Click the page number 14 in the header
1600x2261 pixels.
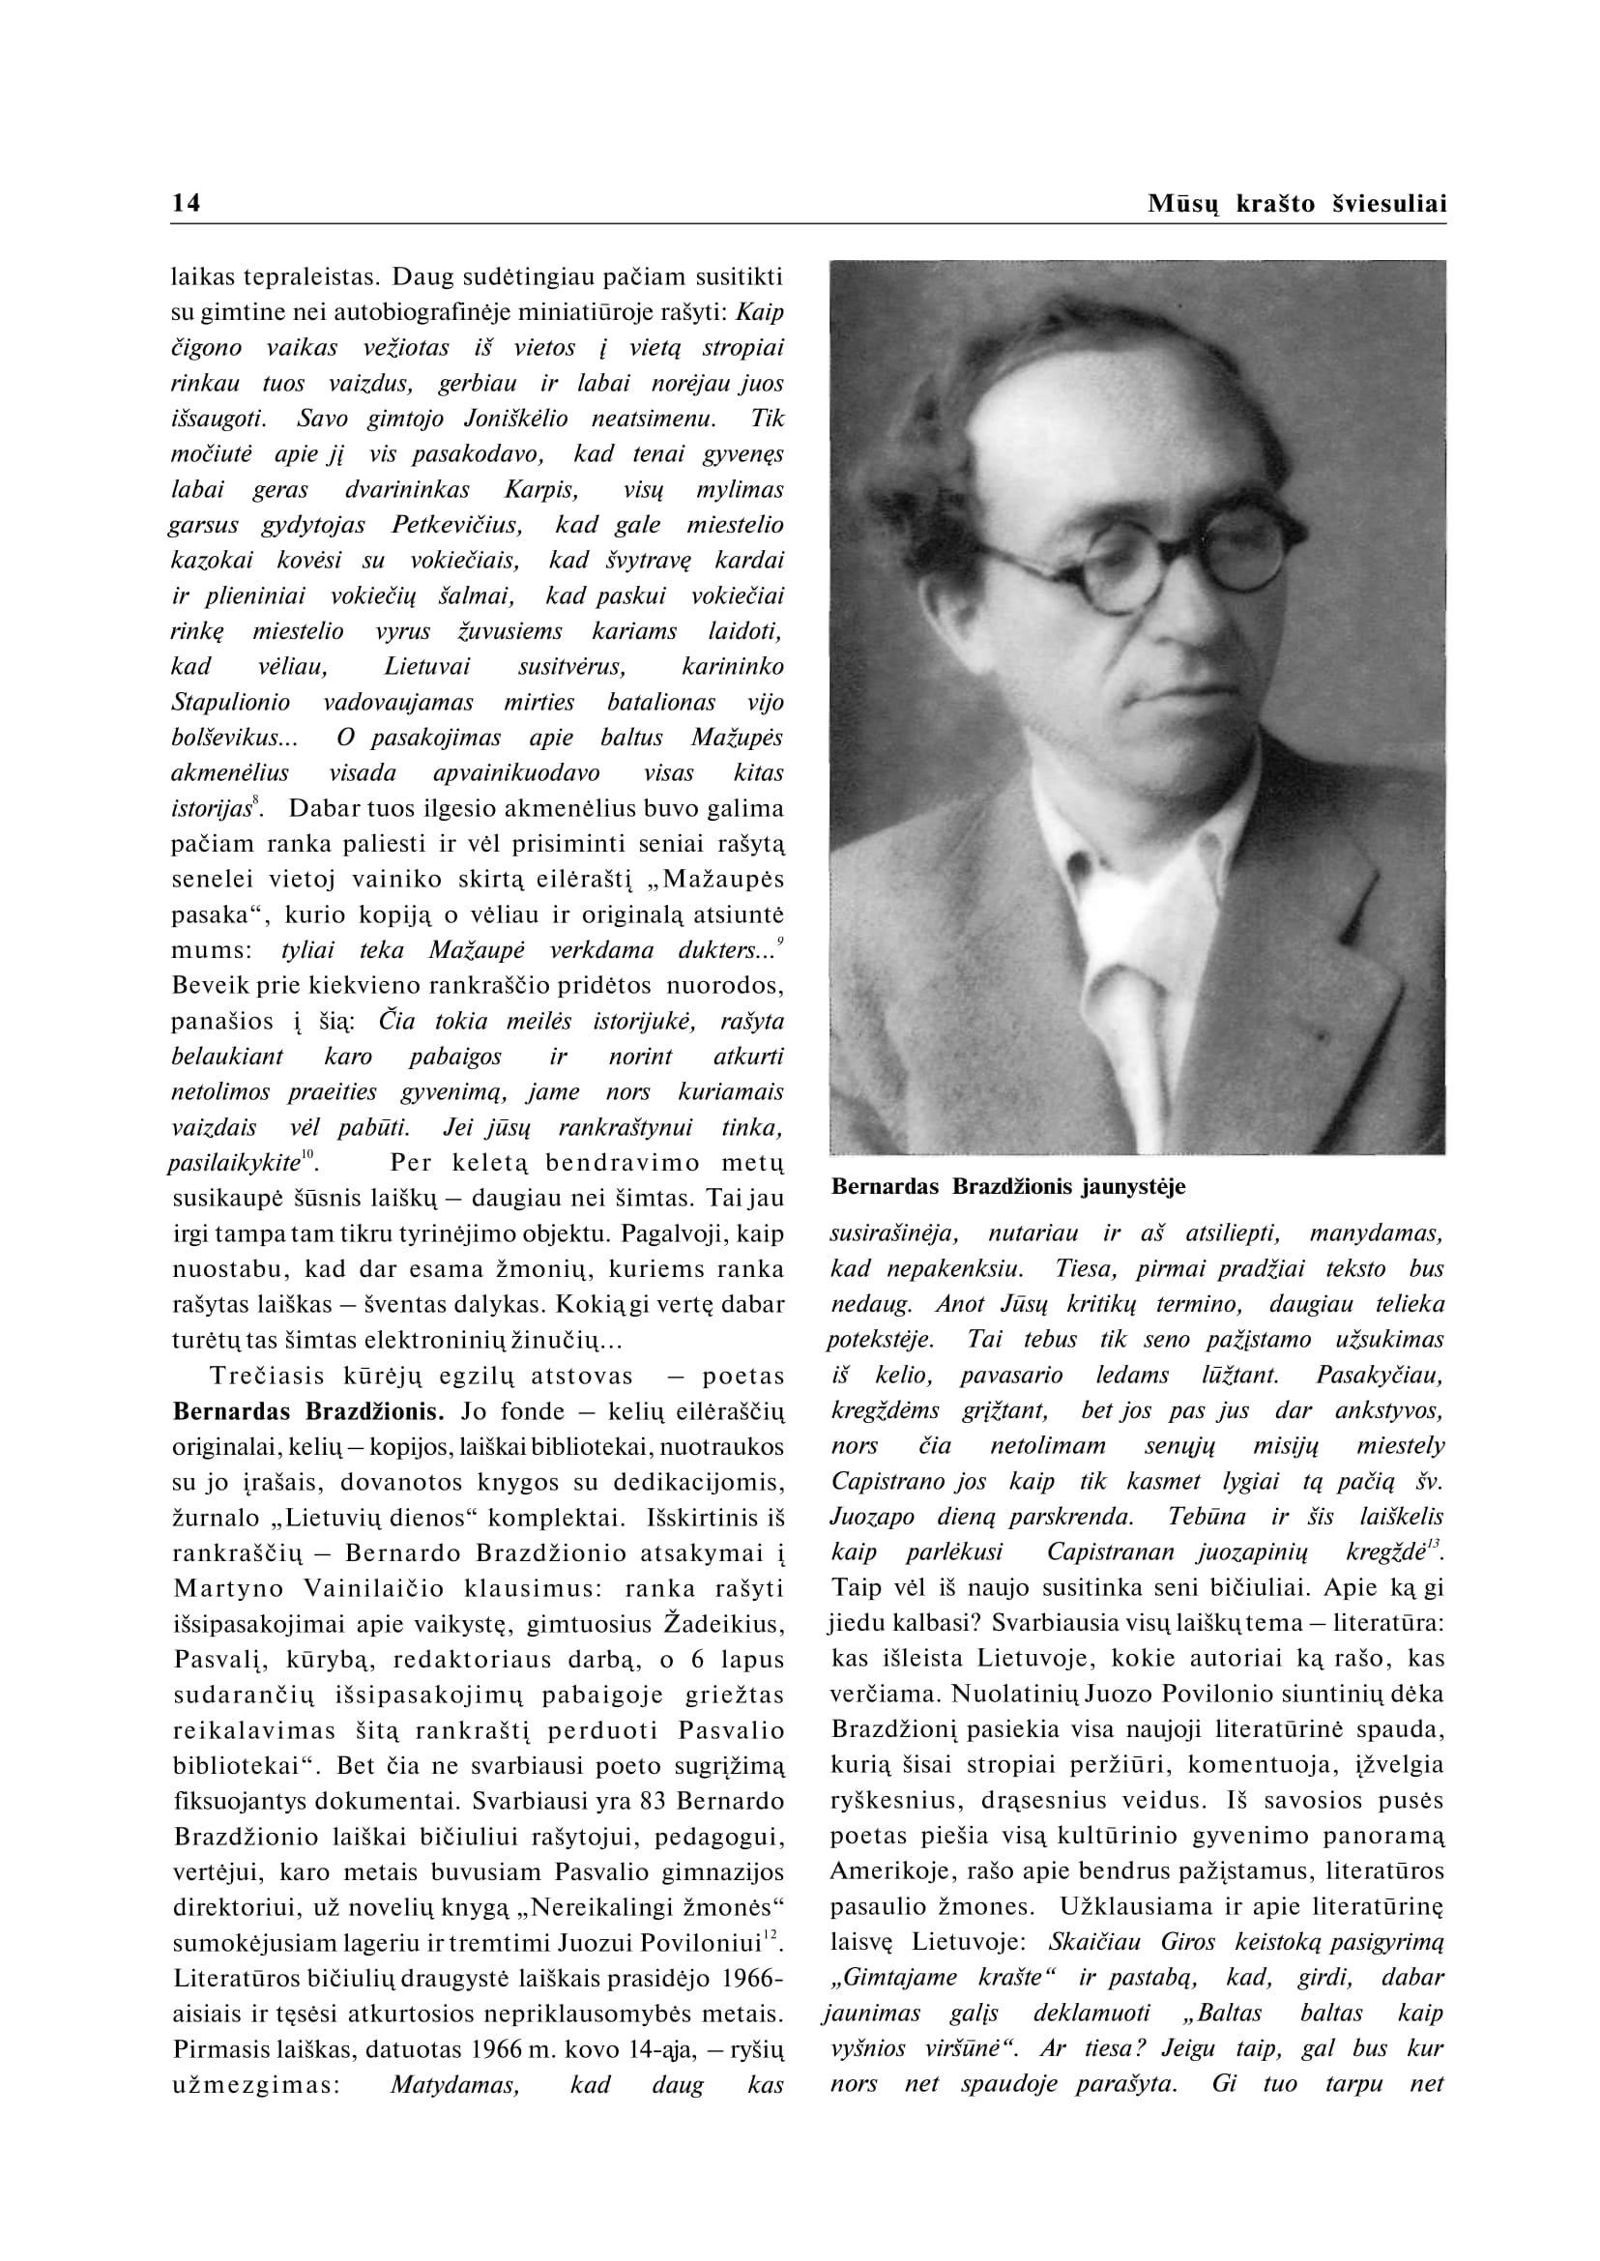pos(187,203)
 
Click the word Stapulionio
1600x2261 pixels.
pos(230,703)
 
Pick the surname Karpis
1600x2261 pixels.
pos(540,490)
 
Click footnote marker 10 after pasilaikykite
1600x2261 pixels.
pos(307,1154)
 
